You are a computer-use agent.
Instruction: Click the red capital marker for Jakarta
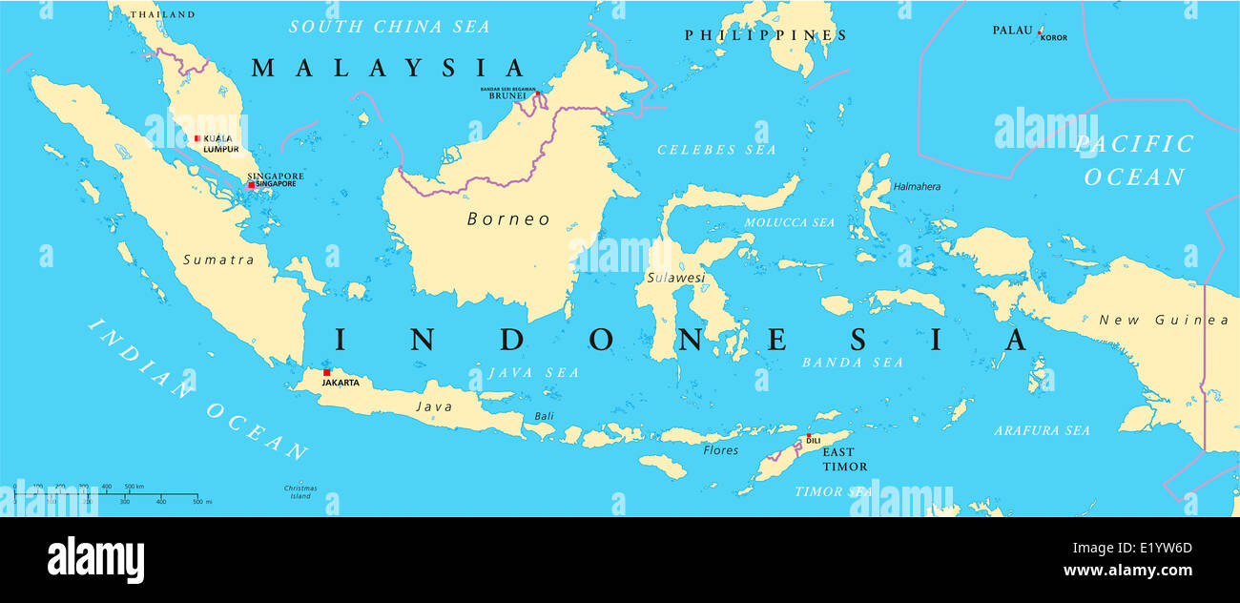coord(326,372)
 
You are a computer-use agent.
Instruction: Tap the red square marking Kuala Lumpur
coord(197,138)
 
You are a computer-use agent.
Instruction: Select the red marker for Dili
coord(809,435)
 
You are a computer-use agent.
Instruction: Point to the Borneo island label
coord(508,219)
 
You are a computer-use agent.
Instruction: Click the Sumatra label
coord(218,260)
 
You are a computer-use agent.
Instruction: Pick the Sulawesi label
coord(675,278)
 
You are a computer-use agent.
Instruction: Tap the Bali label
coord(544,416)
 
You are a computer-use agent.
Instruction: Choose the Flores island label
coord(720,450)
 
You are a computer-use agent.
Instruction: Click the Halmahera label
coord(917,187)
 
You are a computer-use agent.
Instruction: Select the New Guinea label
coord(1164,321)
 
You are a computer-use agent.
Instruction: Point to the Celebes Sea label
coord(716,150)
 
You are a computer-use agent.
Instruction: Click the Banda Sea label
coord(852,363)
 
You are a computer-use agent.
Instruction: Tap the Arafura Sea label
coord(1042,431)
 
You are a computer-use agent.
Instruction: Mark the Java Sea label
coord(532,373)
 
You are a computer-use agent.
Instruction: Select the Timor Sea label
coord(833,491)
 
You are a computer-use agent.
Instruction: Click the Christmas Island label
coord(300,492)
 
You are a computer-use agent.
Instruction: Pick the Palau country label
coord(1011,31)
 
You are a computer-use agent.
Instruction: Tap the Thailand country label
coord(162,14)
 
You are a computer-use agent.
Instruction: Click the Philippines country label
coord(765,35)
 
